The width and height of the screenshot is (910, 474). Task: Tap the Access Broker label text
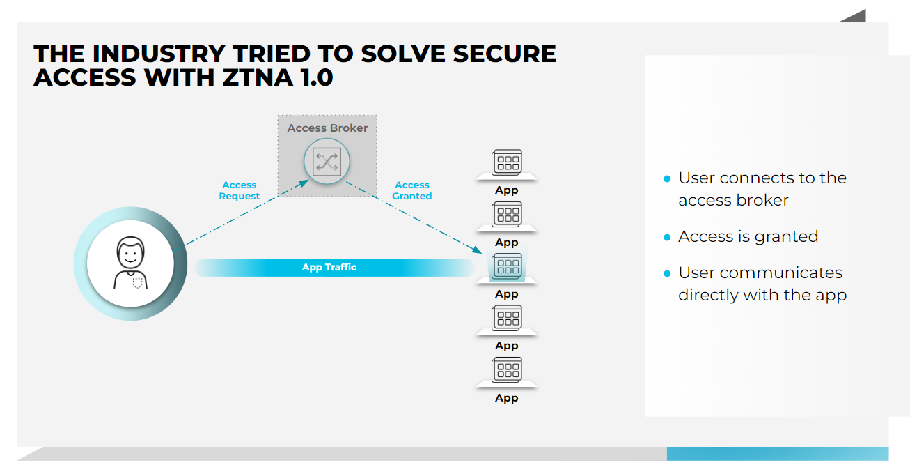click(327, 128)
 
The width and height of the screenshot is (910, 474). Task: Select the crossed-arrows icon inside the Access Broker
click(327, 162)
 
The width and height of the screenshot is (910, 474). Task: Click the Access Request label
click(240, 190)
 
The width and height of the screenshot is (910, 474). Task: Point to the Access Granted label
click(411, 190)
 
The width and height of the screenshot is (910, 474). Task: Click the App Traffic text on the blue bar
click(329, 267)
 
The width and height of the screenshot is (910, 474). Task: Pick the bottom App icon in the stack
click(506, 370)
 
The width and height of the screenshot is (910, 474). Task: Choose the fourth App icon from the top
click(506, 319)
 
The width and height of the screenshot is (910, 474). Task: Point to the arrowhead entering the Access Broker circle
click(305, 182)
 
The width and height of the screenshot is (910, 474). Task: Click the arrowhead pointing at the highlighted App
click(478, 250)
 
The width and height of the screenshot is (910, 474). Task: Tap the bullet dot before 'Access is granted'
click(667, 237)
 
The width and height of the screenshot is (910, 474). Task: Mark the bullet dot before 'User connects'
click(667, 178)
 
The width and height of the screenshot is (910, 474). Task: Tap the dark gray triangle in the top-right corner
click(856, 16)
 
